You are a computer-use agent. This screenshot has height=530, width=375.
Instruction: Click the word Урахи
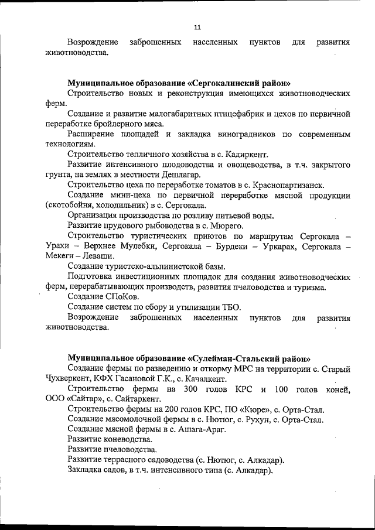coord(57,245)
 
